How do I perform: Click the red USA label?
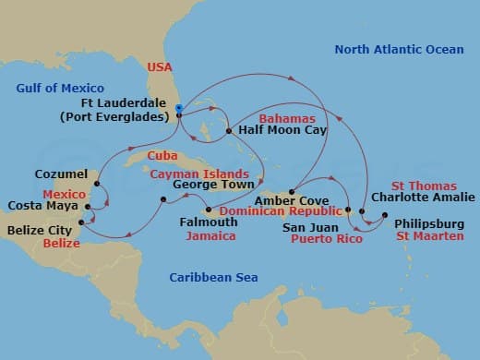click(x=159, y=66)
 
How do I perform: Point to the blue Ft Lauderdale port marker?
click(x=178, y=108)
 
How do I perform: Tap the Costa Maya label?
click(x=39, y=205)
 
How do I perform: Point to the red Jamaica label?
click(x=210, y=236)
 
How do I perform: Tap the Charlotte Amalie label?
click(x=423, y=197)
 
